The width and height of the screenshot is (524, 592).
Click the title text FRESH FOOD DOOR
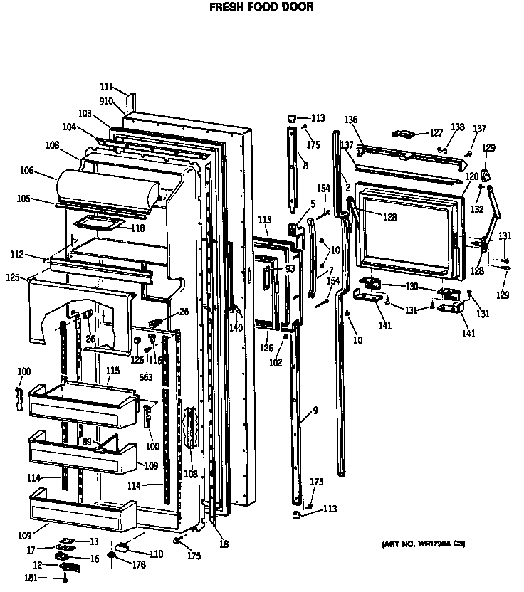[261, 8]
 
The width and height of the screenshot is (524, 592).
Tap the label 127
[436, 132]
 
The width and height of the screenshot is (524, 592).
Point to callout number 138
[458, 127]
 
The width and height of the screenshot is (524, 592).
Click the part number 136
[352, 120]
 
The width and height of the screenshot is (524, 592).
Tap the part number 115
[112, 371]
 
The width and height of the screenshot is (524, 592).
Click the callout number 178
[138, 565]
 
